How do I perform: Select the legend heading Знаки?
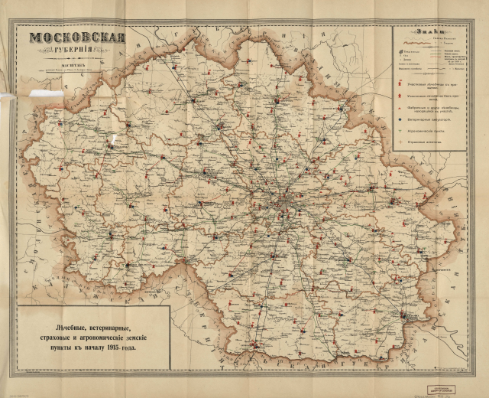pos(429,31)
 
